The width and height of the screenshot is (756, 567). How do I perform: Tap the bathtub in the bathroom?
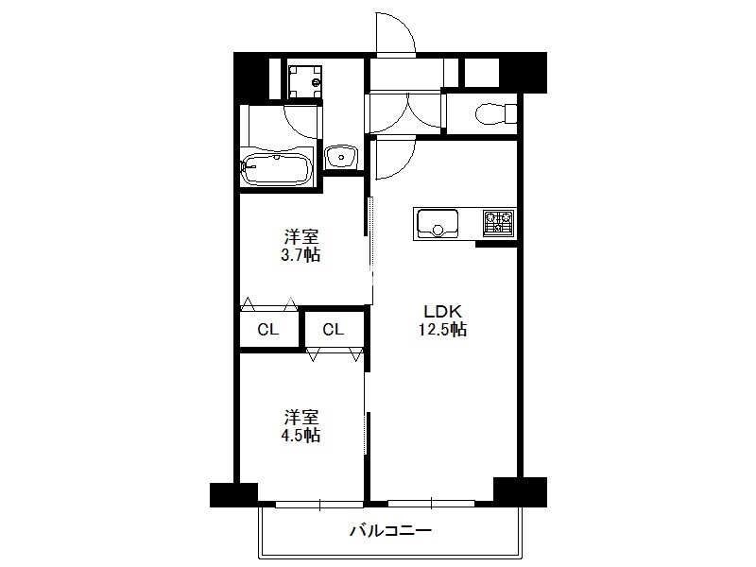click(x=276, y=169)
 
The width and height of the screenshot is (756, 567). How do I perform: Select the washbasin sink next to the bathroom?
click(x=341, y=157)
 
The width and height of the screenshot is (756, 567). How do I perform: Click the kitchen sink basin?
click(x=438, y=223)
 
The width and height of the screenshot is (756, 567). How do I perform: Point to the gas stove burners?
click(x=499, y=223)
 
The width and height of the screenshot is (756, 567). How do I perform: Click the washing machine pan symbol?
click(x=304, y=80)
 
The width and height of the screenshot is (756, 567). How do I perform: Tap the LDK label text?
click(x=442, y=311)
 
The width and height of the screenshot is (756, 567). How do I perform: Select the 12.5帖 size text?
click(x=442, y=330)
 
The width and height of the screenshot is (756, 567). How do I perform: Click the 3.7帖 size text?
click(x=301, y=255)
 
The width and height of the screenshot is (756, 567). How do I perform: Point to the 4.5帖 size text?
click(x=301, y=435)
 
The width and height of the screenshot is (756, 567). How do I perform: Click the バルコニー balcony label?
click(x=390, y=531)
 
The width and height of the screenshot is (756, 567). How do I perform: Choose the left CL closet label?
click(x=268, y=330)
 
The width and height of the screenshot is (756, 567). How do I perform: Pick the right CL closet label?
click(x=334, y=330)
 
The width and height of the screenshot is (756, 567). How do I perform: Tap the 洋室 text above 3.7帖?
click(x=301, y=237)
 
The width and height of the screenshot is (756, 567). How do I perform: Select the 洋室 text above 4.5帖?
click(x=301, y=417)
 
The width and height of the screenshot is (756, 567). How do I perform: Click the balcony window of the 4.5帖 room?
click(x=319, y=505)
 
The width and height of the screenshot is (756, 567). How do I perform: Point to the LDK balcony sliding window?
click(x=432, y=504)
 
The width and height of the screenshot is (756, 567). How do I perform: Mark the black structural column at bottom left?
click(x=233, y=495)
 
